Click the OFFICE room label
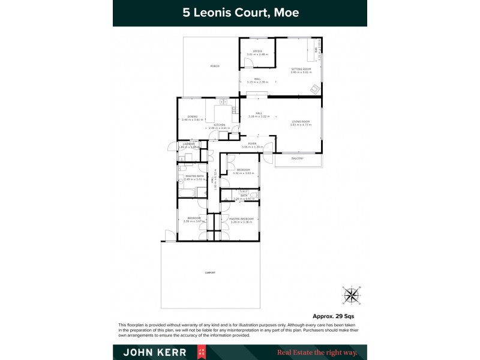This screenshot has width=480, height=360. (257, 51)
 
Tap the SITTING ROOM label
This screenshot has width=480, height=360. (302, 69)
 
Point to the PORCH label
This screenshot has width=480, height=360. (214, 66)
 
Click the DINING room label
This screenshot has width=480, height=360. (193, 116)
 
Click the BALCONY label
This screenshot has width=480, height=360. (298, 158)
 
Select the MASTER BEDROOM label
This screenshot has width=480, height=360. (242, 218)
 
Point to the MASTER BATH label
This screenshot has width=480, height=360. (194, 176)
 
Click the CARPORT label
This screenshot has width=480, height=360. (210, 273)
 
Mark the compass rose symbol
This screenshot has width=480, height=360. (351, 295)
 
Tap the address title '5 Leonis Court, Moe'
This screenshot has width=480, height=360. (240, 13)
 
